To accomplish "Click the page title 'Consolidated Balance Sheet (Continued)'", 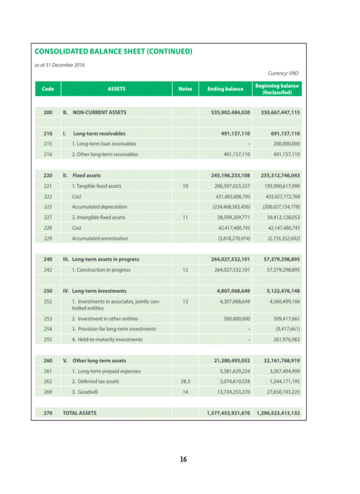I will [x=113, y=51].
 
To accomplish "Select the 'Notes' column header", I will [x=185, y=89].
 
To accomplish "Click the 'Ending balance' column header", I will [x=225, y=89].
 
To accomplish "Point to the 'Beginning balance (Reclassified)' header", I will [x=277, y=89].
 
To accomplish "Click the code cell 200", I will [x=48, y=112].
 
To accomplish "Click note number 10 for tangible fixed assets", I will [x=185, y=186].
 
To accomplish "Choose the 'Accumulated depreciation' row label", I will [x=100, y=206].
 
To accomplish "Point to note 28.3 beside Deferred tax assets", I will [x=185, y=381].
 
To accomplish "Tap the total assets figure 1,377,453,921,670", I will [x=228, y=413].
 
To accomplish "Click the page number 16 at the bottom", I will [x=183, y=459].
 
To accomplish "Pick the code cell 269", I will [x=48, y=392].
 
